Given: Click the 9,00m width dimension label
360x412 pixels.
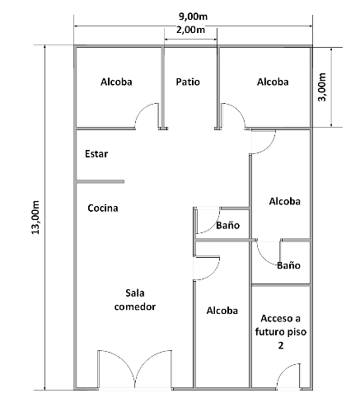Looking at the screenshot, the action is [193, 16].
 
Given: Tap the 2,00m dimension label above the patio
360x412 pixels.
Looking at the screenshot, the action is [190, 30].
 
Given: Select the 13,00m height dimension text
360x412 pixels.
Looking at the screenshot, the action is [35, 218].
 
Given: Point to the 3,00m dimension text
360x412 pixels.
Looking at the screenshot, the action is [322, 87].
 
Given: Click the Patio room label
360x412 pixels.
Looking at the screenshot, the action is [188, 82].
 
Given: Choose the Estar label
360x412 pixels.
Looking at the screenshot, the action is [96, 154].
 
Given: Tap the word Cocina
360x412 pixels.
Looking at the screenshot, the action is [103, 208].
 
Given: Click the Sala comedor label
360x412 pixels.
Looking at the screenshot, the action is [135, 300].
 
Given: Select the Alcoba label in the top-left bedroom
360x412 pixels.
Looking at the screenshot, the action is [116, 82].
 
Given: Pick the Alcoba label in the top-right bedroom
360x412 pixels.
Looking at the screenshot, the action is [273, 82].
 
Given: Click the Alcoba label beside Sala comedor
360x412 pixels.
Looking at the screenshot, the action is [222, 311].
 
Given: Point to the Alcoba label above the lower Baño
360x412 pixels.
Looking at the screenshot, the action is [285, 201].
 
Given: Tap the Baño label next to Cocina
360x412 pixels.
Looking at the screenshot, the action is [228, 225].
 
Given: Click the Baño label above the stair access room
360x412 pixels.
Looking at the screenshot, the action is [288, 265].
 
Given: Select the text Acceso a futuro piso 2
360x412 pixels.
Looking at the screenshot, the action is [281, 332].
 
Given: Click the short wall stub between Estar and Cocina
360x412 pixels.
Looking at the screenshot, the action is [101, 181].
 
